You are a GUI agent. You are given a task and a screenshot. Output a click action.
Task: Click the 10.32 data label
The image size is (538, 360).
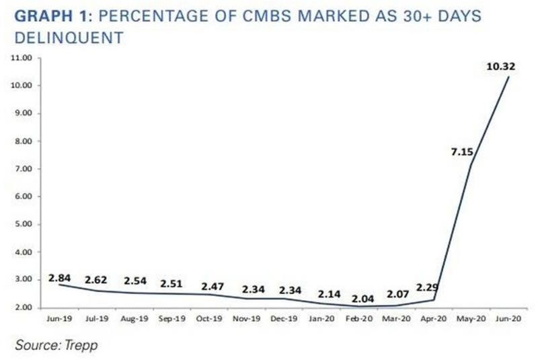501,66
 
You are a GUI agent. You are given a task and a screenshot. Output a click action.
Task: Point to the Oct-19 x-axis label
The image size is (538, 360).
208,316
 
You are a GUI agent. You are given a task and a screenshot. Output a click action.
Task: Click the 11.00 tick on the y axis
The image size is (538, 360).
24,58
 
